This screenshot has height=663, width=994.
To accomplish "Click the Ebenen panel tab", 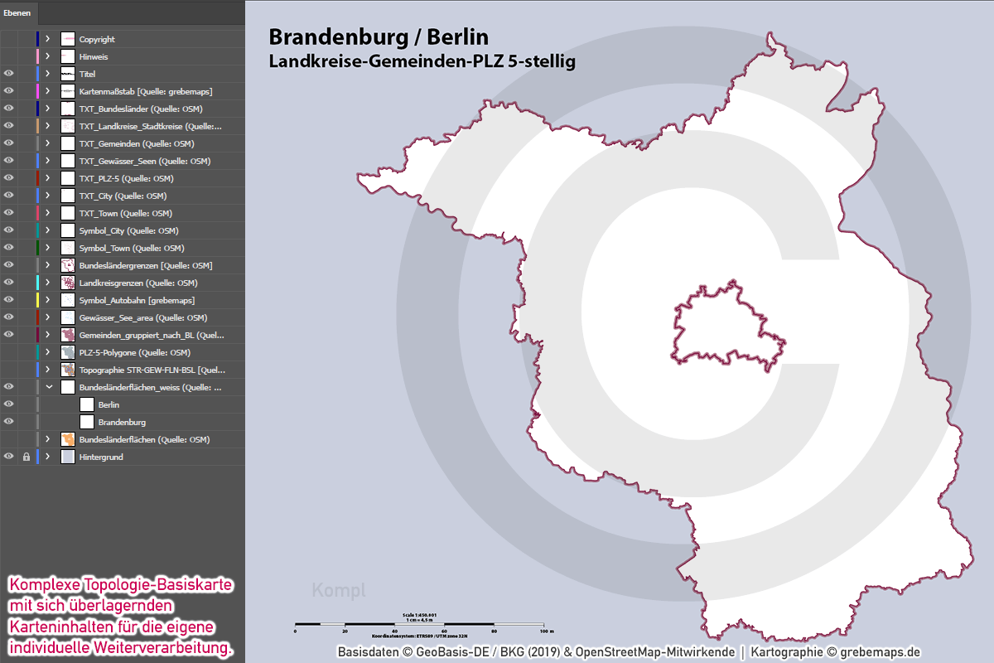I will [18, 12].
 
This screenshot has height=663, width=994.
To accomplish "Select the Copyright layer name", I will [97, 39].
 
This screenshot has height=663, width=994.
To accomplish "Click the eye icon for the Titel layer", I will [9, 74].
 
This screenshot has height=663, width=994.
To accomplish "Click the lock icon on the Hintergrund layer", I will [27, 457].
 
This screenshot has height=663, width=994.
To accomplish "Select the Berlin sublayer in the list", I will [109, 404].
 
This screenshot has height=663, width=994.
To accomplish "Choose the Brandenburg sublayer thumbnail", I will [87, 422].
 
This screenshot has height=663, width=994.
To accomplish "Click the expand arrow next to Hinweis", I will [47, 56].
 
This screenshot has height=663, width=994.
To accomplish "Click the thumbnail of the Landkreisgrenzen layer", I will [68, 283].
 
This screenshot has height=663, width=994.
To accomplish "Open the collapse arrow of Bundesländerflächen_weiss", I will [48, 387].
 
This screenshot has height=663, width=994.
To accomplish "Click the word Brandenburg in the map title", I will [341, 37].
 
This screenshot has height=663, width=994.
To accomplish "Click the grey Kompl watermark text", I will [339, 590].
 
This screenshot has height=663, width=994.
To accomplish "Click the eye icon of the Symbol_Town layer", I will [9, 248].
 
